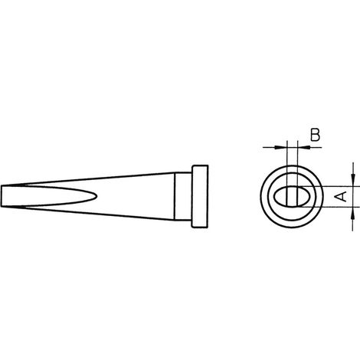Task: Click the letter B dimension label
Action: point(315,135)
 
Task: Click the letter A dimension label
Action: point(341,196)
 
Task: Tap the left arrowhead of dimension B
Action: point(280,147)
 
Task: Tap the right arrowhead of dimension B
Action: point(304,147)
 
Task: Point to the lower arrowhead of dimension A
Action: point(353,213)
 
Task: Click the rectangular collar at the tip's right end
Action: point(200,196)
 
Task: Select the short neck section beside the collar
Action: point(183,196)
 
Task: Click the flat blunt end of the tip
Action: point(2,196)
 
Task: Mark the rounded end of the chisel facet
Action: point(97,196)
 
